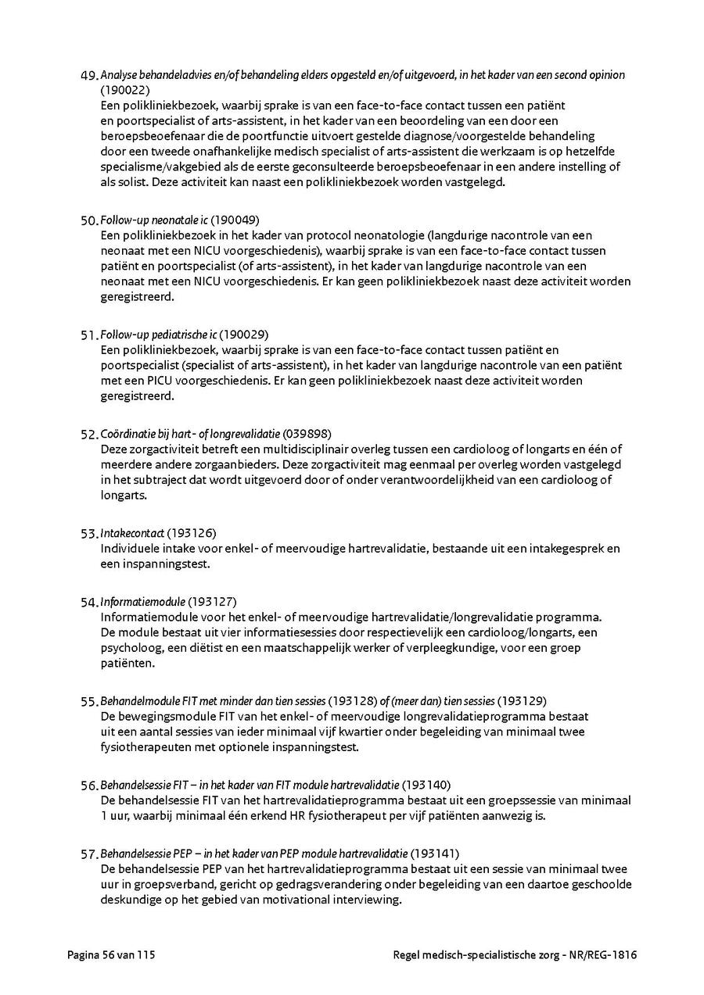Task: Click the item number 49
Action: point(88,76)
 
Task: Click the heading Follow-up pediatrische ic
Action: point(159,335)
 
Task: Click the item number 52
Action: point(88,434)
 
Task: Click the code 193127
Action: point(213,602)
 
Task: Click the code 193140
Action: point(427,785)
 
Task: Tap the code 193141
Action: point(435,854)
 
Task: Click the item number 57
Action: point(88,854)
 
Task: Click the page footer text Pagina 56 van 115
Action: point(117,954)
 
